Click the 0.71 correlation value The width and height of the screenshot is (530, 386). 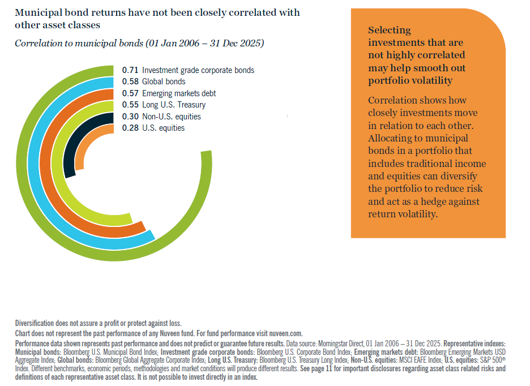(130, 70)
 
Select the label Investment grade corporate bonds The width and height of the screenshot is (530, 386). (198, 70)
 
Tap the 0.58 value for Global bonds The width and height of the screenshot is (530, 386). (130, 82)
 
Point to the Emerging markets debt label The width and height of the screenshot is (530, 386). (179, 93)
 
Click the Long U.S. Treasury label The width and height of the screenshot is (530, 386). (174, 105)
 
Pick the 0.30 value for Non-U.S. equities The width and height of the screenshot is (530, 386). (130, 117)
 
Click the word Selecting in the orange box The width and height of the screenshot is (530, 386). (390, 30)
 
